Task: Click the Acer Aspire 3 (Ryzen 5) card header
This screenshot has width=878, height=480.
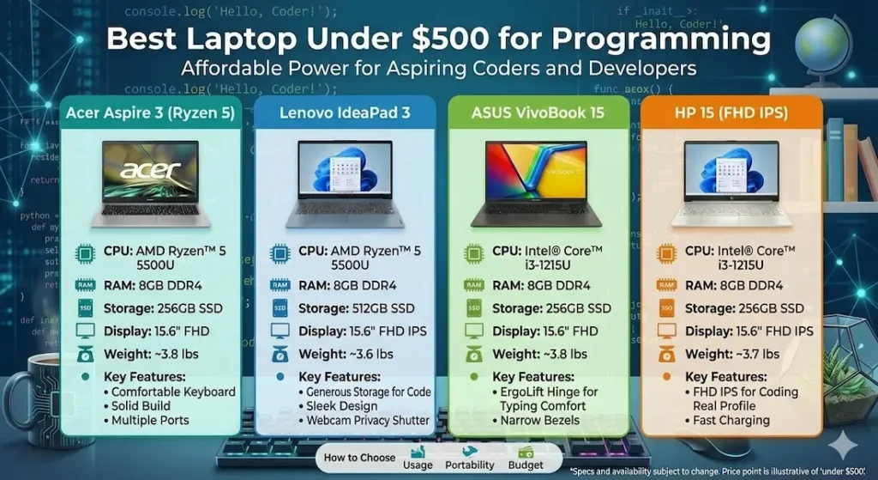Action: pos(149,112)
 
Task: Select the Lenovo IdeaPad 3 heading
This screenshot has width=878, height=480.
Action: pos(344,112)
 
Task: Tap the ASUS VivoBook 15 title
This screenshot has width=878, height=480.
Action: pos(538,112)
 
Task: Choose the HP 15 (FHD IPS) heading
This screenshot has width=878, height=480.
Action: pos(731,112)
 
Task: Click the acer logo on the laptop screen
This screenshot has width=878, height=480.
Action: pos(149,169)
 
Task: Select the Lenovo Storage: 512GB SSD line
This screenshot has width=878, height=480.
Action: pos(355,308)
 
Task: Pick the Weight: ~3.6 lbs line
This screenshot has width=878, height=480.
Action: pos(346,354)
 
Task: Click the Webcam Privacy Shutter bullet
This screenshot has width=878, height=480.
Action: pos(367,421)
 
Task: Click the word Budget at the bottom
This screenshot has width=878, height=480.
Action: pos(526,465)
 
